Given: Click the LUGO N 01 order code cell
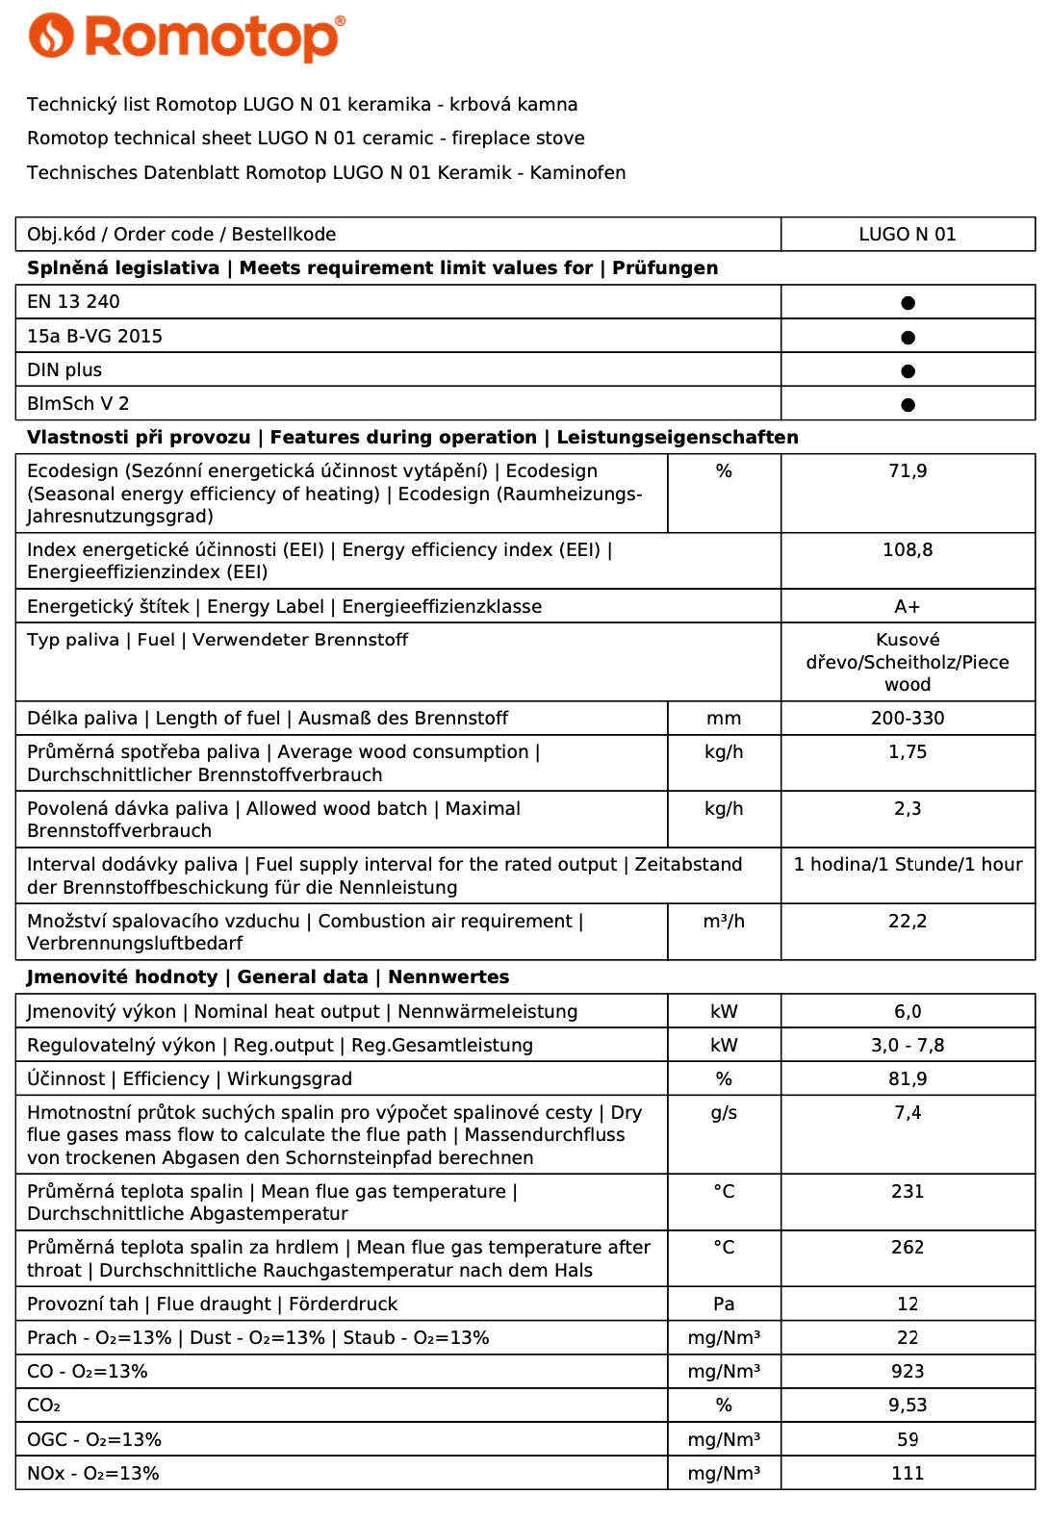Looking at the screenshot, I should click(908, 235).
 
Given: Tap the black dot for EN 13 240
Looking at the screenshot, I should click(908, 303).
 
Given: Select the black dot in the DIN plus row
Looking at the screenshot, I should click(908, 371).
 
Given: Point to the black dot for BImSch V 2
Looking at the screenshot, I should click(908, 405).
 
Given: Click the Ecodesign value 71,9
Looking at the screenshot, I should click(908, 471).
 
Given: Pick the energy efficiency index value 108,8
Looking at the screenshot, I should click(908, 550).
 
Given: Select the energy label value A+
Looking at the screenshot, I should click(908, 607).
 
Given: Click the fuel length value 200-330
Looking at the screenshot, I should click(908, 719).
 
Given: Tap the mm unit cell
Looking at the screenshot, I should click(724, 719).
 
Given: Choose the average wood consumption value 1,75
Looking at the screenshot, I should click(908, 752).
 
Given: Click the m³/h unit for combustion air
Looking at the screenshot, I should click(724, 922).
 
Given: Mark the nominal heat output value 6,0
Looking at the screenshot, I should click(908, 1012).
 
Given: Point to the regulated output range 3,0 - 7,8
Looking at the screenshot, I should click(908, 1046).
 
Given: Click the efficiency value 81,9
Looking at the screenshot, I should click(908, 1079).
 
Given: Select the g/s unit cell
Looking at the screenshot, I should click(724, 1113).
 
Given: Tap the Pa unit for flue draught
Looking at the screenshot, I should click(724, 1305).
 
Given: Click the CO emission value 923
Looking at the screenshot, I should click(908, 1372).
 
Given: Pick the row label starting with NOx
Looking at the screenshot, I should click(93, 1474).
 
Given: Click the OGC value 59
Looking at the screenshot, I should click(908, 1440).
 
